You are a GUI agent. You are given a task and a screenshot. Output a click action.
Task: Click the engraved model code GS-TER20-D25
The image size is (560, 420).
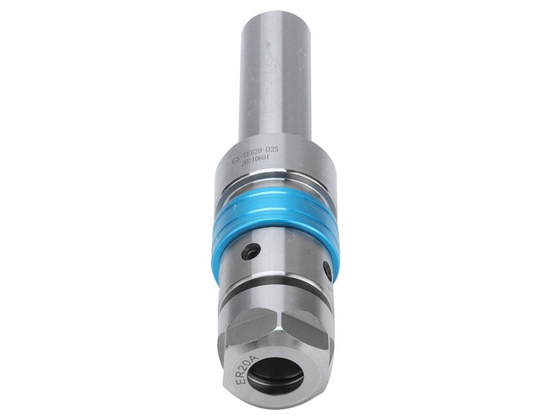coord(254,156)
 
